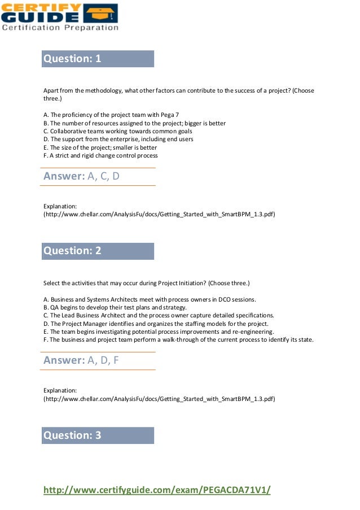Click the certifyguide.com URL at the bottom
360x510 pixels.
(x=157, y=490)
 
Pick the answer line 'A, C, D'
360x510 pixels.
(x=82, y=176)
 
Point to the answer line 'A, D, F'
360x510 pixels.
(x=81, y=360)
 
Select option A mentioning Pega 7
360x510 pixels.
(x=111, y=115)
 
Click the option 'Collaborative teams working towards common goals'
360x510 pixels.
(x=117, y=131)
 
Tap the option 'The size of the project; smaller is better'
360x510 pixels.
(x=100, y=147)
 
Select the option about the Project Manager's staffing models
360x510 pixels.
(x=155, y=324)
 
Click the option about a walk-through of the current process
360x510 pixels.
(x=178, y=339)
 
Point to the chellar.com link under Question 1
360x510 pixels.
(x=159, y=214)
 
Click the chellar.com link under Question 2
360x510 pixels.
(x=159, y=398)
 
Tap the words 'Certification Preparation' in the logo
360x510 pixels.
(x=60, y=27)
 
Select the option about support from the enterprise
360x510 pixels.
(x=118, y=139)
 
